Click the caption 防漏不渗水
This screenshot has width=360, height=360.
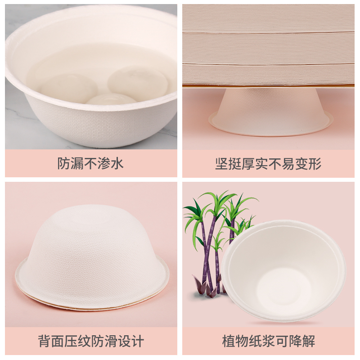[x=90, y=163]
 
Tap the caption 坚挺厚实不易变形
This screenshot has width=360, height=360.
[x=268, y=164]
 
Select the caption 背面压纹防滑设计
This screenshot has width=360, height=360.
[x=91, y=341]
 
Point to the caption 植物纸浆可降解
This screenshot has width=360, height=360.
[x=269, y=341]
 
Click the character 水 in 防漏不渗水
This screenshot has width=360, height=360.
[x=117, y=163]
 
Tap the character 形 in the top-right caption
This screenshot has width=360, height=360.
[x=315, y=164]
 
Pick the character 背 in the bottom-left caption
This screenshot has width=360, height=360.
[x=45, y=341]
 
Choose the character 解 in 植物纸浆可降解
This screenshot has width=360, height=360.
[x=309, y=341]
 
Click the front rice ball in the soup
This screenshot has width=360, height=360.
[x=112, y=99]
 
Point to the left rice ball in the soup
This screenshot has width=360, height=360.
[x=68, y=86]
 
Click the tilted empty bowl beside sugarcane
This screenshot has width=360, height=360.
[x=283, y=271]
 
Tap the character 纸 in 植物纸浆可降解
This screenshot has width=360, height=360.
[x=255, y=341]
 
